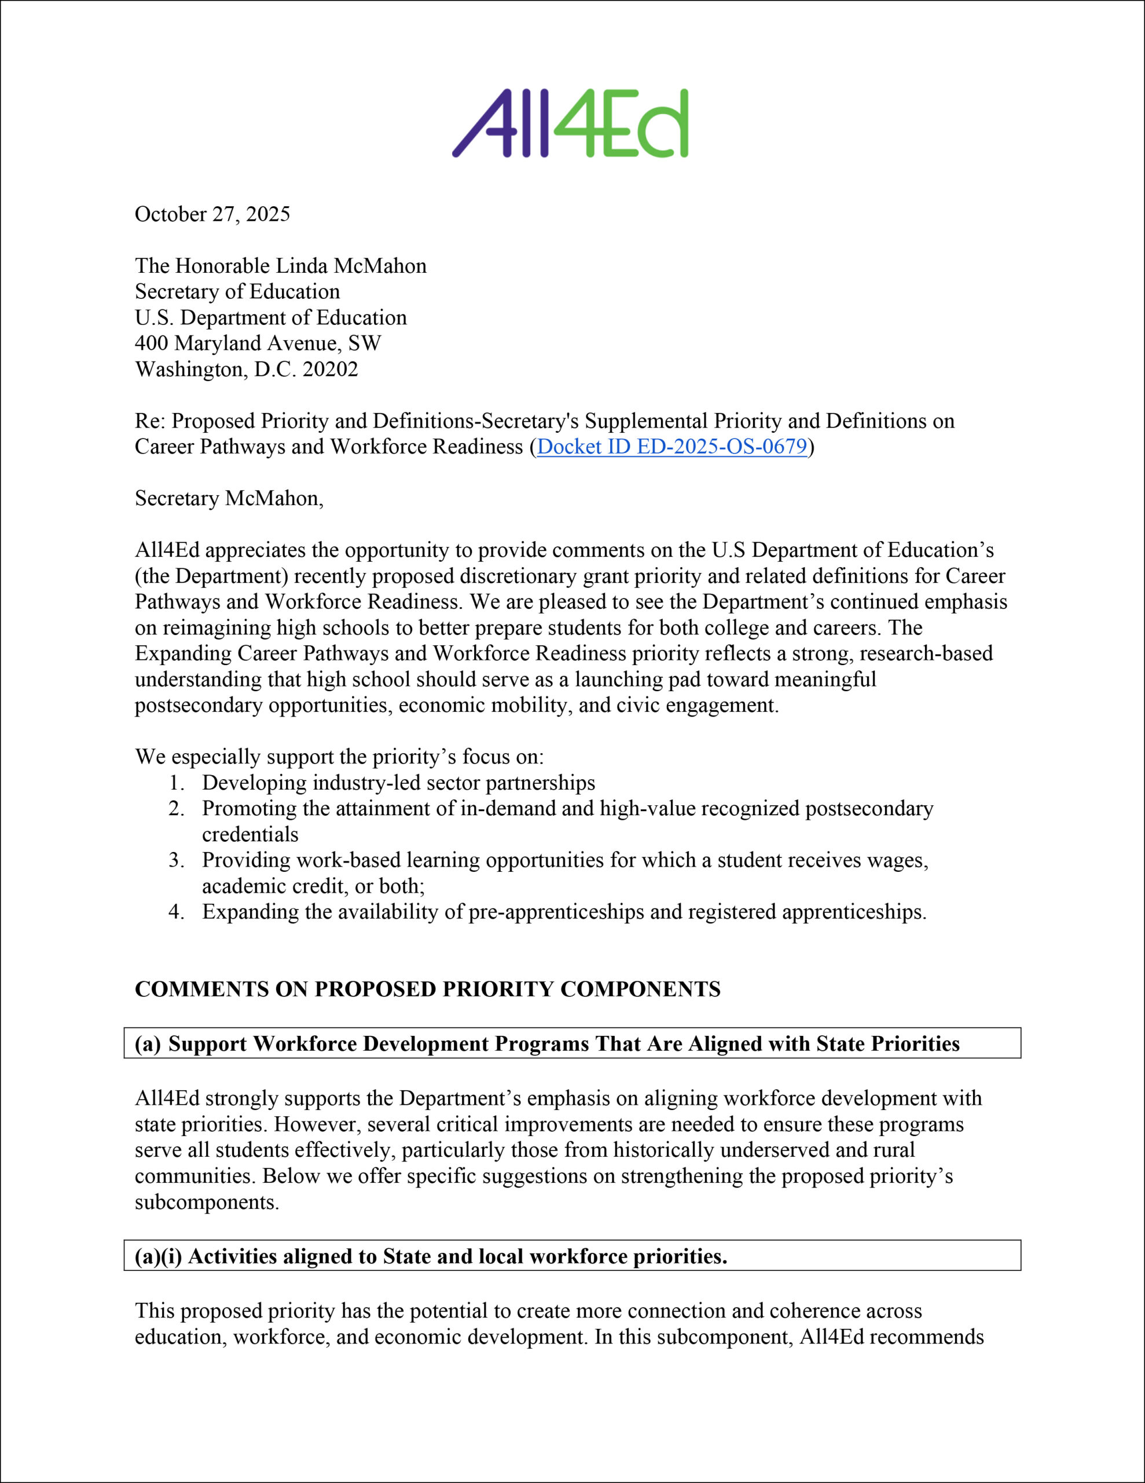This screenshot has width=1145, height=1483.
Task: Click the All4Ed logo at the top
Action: pos(570,123)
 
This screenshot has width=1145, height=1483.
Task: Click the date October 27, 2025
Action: pos(212,214)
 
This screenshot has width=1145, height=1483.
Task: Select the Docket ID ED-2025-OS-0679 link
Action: pos(672,447)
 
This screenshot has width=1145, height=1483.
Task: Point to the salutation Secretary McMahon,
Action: pos(229,498)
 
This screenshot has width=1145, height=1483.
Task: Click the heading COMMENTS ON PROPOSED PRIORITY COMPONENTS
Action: pos(428,989)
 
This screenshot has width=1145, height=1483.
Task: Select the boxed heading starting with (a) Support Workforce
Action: pos(547,1044)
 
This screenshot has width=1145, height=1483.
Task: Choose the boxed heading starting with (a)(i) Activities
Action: pos(431,1256)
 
